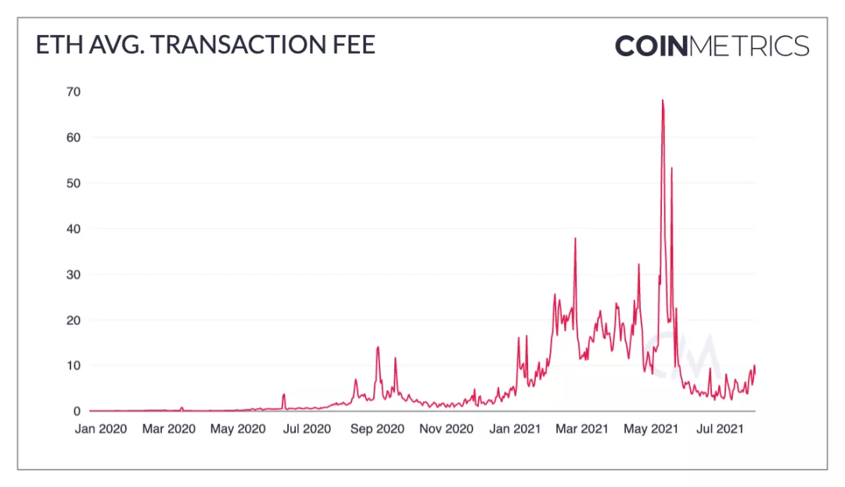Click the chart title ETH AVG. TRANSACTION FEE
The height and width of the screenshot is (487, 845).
(206, 45)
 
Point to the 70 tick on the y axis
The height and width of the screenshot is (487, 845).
(73, 91)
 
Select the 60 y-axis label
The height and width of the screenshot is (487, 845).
(73, 138)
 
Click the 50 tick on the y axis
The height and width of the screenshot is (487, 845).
(73, 183)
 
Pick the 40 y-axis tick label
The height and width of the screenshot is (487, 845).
(73, 229)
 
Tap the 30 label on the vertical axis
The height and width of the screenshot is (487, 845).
(73, 274)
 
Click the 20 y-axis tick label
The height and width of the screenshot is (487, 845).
(73, 320)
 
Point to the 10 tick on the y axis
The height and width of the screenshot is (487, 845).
(73, 366)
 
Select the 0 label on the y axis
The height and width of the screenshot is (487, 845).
(77, 411)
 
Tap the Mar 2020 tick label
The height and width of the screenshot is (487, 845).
(170, 428)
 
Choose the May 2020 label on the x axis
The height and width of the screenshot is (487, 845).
(239, 428)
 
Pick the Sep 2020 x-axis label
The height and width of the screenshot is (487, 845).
(378, 428)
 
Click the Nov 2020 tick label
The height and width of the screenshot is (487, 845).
(448, 428)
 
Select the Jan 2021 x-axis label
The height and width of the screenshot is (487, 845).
(516, 428)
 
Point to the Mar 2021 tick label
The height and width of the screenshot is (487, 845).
(583, 428)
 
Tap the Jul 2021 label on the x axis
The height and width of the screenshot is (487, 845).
(720, 428)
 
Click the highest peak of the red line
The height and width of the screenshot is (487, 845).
(662, 101)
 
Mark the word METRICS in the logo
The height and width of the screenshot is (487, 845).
(750, 45)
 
